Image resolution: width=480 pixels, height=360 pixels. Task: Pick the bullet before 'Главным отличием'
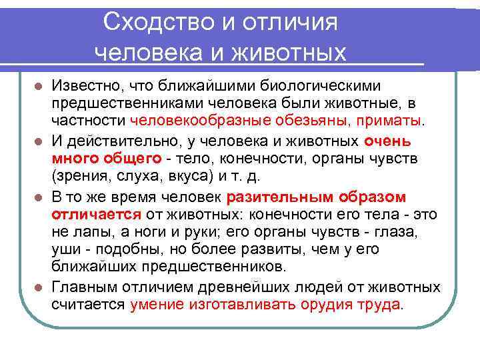(39, 287)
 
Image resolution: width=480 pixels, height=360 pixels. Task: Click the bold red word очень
(388, 142)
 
